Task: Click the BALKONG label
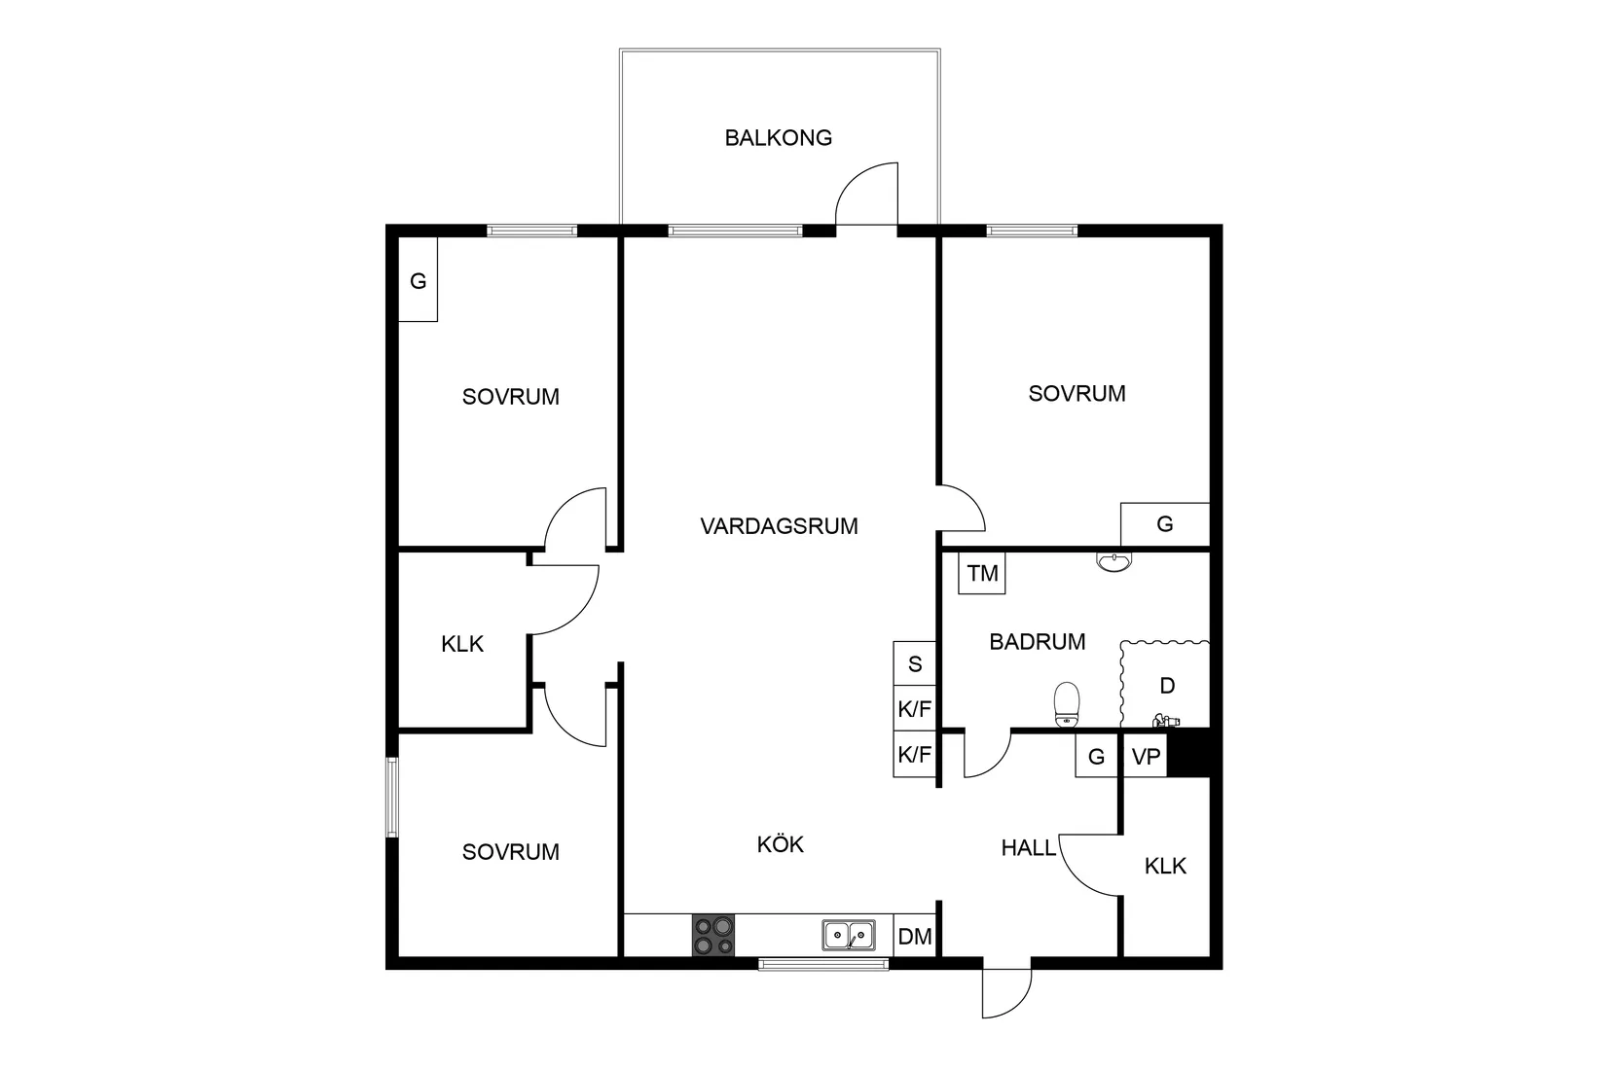coord(778,138)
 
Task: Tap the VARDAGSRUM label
coord(779,526)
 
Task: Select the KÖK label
coord(781,844)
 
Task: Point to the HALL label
coord(1028,848)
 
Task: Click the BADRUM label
coord(1037,642)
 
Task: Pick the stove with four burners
coord(713,936)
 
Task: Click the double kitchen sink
coord(848,936)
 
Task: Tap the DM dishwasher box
coord(914,937)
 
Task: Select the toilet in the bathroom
coord(1068,703)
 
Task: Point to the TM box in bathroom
coord(982,574)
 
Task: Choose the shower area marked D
coord(1166,686)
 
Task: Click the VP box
coord(1147,756)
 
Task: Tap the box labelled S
coord(914,664)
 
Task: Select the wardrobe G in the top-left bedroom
coord(418,281)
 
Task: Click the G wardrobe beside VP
coord(1096,756)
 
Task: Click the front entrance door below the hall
coord(1006,990)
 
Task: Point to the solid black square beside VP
coord(1187,754)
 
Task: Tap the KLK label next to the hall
coord(1165,866)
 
